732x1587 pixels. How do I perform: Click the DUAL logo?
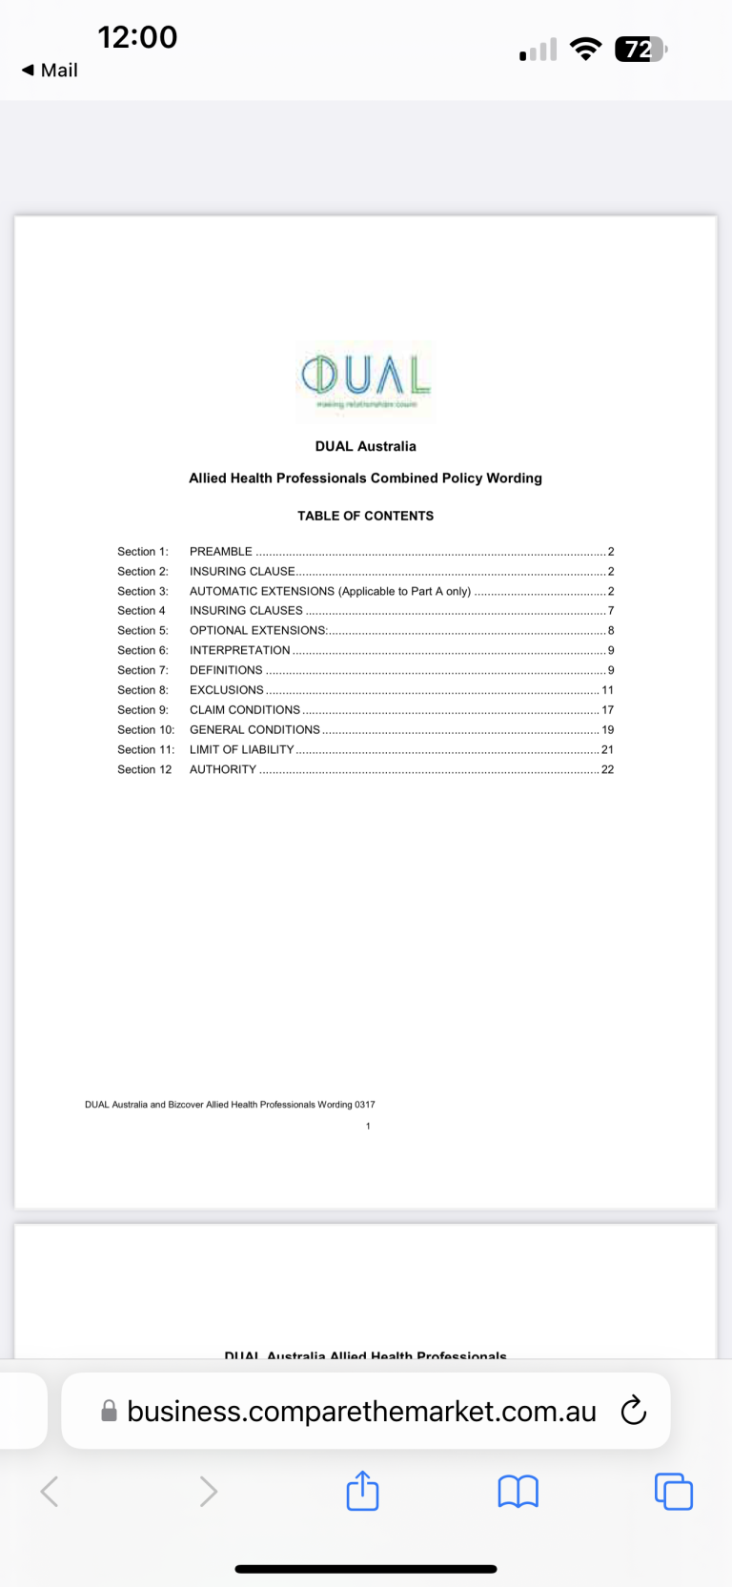366,379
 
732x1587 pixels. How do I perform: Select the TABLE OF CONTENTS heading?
365,516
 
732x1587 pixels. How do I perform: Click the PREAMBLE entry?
221,552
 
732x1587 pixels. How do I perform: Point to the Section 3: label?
143,592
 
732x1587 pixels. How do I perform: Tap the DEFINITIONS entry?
226,671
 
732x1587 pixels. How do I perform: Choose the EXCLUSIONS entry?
227,690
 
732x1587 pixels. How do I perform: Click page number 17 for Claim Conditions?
607,710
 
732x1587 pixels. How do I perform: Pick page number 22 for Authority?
607,770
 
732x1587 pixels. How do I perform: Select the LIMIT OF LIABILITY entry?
242,750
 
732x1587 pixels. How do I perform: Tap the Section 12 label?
145,770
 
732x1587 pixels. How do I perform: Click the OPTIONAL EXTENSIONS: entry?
258,631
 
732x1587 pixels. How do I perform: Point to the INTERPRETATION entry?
240,651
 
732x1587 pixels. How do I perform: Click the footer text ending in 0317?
230,1105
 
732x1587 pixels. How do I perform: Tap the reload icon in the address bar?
633,1411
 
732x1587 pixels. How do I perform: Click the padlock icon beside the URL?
110,1411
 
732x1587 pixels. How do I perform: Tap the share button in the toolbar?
362,1491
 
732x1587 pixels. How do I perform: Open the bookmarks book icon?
518,1491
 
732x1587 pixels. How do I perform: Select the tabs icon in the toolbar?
673,1491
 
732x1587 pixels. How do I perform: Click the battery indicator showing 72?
640,50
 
